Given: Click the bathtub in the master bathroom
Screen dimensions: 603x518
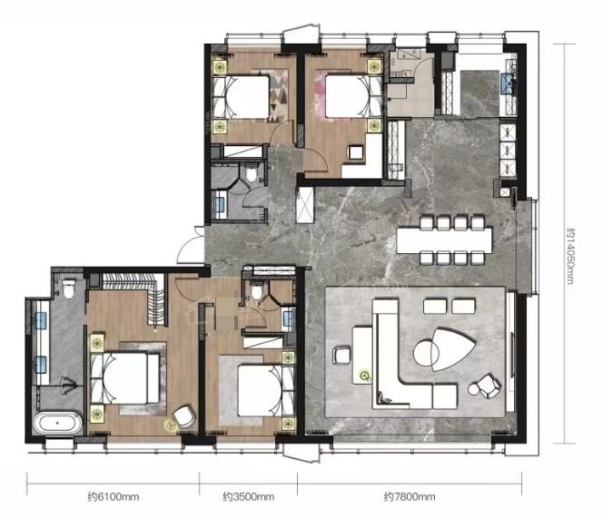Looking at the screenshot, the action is pyautogui.click(x=57, y=423).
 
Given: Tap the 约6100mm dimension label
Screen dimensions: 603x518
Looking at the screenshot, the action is pyautogui.click(x=113, y=497).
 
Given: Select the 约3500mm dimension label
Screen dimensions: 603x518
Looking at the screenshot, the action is pyautogui.click(x=249, y=497).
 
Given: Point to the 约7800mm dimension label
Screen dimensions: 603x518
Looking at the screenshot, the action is pyautogui.click(x=410, y=497).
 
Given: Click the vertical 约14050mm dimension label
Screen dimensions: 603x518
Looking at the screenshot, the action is pyautogui.click(x=570, y=257).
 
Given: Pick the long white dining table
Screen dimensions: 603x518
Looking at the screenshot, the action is pyautogui.click(x=444, y=240).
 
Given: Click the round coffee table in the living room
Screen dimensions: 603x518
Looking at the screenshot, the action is pyautogui.click(x=426, y=352).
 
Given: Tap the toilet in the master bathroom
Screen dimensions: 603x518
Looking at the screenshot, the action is pyautogui.click(x=69, y=289).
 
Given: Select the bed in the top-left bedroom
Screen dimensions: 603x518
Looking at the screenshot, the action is pyautogui.click(x=242, y=97).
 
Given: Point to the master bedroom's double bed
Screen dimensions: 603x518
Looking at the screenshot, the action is pyautogui.click(x=125, y=378).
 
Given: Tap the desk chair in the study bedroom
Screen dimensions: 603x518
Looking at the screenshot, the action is pyautogui.click(x=356, y=152).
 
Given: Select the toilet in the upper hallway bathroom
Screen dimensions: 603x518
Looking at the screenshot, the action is pyautogui.click(x=252, y=172).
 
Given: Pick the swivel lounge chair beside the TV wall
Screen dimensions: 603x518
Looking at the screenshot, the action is pyautogui.click(x=485, y=386).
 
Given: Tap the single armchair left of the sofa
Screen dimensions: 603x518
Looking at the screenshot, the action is pyautogui.click(x=341, y=355).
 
